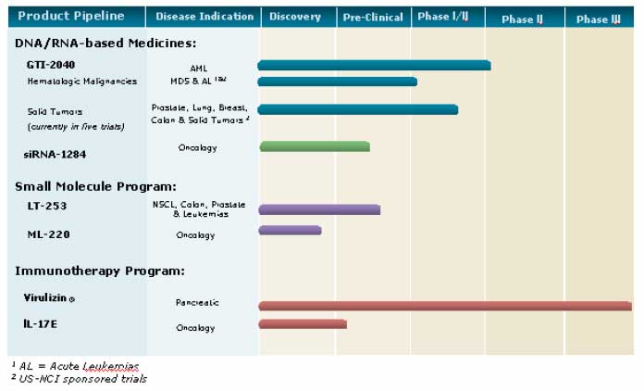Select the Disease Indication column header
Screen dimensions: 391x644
point(204,17)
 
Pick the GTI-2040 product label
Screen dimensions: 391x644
point(52,65)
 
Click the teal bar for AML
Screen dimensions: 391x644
point(374,65)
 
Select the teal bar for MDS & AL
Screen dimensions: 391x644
point(338,82)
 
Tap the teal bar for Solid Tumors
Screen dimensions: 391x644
point(358,109)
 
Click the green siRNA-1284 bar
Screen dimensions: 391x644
point(315,146)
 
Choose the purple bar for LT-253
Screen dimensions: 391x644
point(319,209)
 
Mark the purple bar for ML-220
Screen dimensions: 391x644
point(290,230)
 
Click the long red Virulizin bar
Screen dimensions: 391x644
point(445,306)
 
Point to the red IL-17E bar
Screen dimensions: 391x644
point(303,324)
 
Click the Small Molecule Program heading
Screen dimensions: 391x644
point(95,186)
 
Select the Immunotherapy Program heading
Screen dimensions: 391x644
point(99,271)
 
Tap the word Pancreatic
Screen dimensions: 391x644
point(197,303)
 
